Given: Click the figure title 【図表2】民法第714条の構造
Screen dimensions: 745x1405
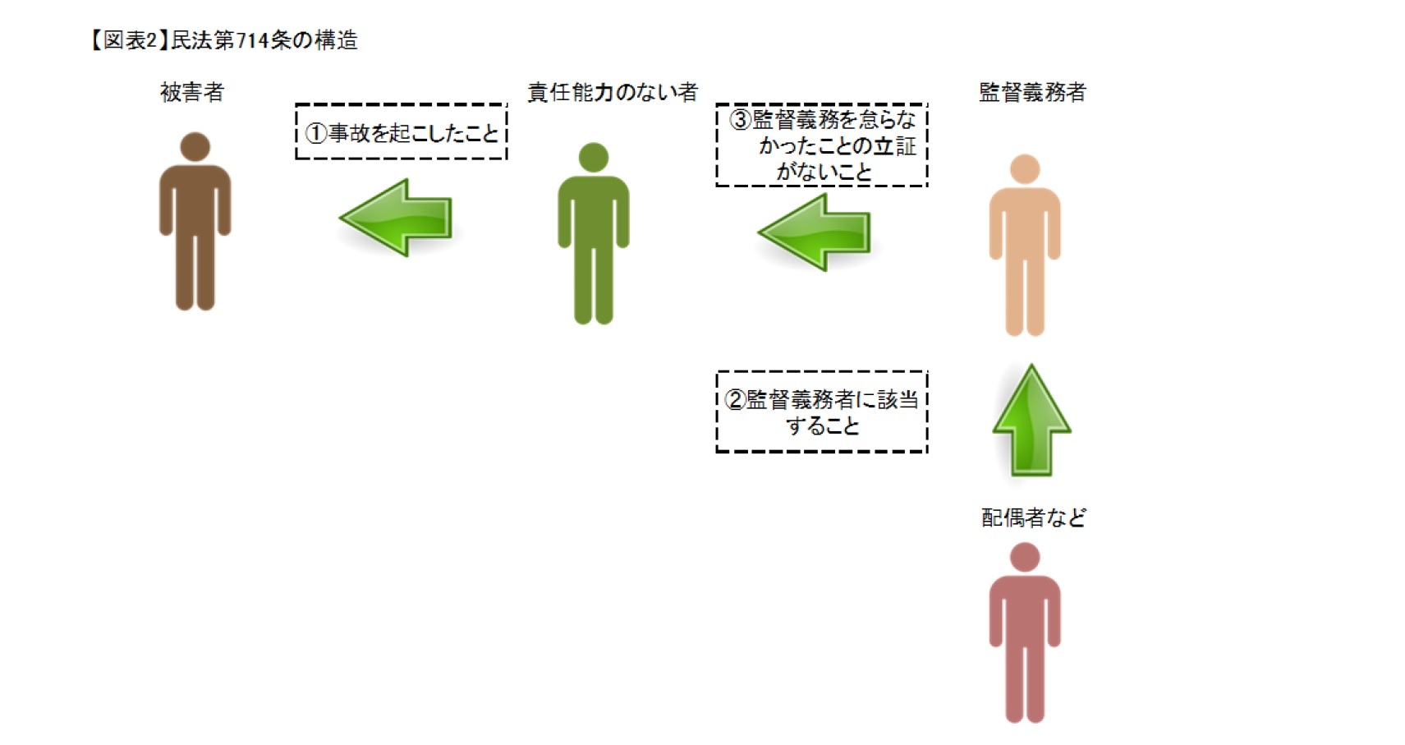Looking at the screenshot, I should click(223, 40).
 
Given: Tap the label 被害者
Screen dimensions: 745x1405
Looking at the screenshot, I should click(192, 92).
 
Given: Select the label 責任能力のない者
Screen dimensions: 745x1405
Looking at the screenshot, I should click(612, 92).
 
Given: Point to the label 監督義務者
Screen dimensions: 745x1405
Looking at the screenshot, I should click(1031, 92).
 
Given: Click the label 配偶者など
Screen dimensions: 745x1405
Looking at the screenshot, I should click(1033, 517).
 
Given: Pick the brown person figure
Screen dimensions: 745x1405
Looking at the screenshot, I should click(195, 230).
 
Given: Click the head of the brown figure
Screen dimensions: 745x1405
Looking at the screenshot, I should click(195, 147).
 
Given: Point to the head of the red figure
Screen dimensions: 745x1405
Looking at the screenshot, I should click(1024, 558).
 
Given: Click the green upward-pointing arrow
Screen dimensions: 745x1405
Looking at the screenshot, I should click(1031, 421).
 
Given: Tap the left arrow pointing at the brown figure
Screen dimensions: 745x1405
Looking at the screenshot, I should click(397, 218).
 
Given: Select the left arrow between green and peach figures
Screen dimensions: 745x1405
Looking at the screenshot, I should click(815, 232).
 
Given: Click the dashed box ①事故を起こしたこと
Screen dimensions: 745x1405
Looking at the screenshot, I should click(402, 131).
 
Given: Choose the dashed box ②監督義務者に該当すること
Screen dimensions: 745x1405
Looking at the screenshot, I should click(821, 412).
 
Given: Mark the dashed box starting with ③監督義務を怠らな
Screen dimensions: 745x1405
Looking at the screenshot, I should click(821, 145).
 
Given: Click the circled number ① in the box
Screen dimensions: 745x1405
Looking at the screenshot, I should click(316, 133).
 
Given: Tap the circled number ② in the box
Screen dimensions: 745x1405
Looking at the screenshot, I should click(735, 400).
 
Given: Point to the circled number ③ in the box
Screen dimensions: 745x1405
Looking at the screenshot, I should click(740, 120).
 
